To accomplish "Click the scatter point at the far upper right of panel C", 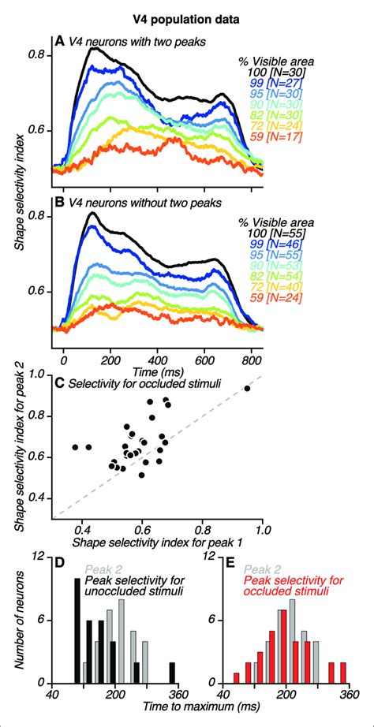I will [247, 389].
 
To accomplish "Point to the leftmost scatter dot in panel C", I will [75, 446].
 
